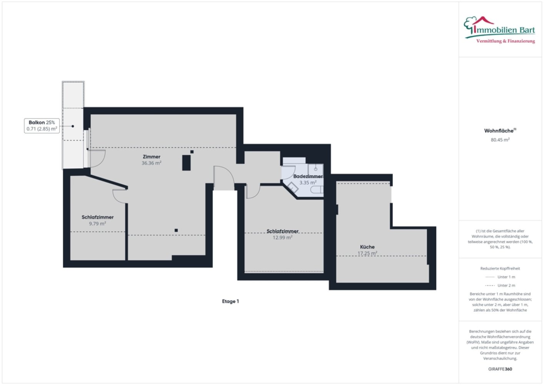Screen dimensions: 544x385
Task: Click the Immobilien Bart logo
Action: click(499, 30)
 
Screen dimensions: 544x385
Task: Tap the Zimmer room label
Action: click(151, 157)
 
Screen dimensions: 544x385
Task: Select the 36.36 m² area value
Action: click(151, 163)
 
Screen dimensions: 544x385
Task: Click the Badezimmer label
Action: click(308, 176)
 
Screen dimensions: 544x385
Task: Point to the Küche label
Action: click(367, 247)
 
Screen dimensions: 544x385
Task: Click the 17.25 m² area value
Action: click(367, 253)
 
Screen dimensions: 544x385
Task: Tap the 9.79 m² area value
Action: click(97, 224)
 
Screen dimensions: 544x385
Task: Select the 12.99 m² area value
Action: click(282, 238)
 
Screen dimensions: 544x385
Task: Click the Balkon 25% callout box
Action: click(42, 126)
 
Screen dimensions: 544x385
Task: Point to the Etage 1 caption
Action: click(230, 301)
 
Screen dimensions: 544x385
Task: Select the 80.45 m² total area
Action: click(500, 140)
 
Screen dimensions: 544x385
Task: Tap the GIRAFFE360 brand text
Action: click(500, 369)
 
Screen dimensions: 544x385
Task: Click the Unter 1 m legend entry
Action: click(500, 277)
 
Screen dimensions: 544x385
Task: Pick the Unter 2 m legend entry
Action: click(500, 285)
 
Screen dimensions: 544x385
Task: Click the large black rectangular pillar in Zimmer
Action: click(187, 162)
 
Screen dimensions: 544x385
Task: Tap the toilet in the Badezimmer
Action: click(317, 189)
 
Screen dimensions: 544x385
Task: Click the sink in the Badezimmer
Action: click(316, 169)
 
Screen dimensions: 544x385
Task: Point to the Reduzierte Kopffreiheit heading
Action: click(500, 268)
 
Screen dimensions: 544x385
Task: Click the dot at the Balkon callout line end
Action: click(73, 126)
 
